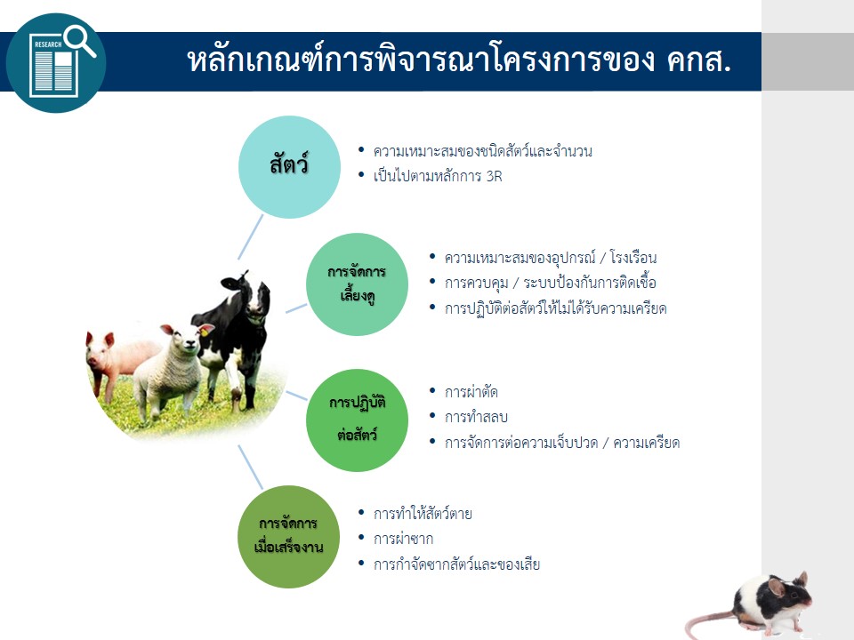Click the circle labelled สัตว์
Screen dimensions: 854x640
pyautogui.click(x=289, y=166)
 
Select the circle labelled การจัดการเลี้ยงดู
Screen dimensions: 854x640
pyautogui.click(x=357, y=284)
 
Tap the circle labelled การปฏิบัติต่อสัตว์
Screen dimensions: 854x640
pyautogui.click(x=357, y=420)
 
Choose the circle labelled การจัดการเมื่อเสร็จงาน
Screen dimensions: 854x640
pyautogui.click(x=288, y=537)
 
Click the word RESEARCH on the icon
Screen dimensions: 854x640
pyautogui.click(x=48, y=44)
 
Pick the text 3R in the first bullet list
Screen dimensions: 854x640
pyautogui.click(x=494, y=176)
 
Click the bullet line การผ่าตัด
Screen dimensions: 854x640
pyautogui.click(x=471, y=392)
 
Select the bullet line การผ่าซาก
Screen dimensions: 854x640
pyautogui.click(x=403, y=539)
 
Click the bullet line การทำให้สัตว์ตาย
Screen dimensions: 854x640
pyautogui.click(x=422, y=514)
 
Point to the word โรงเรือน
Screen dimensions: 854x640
pyautogui.click(x=632, y=258)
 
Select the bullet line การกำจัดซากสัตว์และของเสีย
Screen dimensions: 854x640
pyautogui.click(x=456, y=564)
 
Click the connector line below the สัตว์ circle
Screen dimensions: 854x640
pyautogui.click(x=251, y=236)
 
